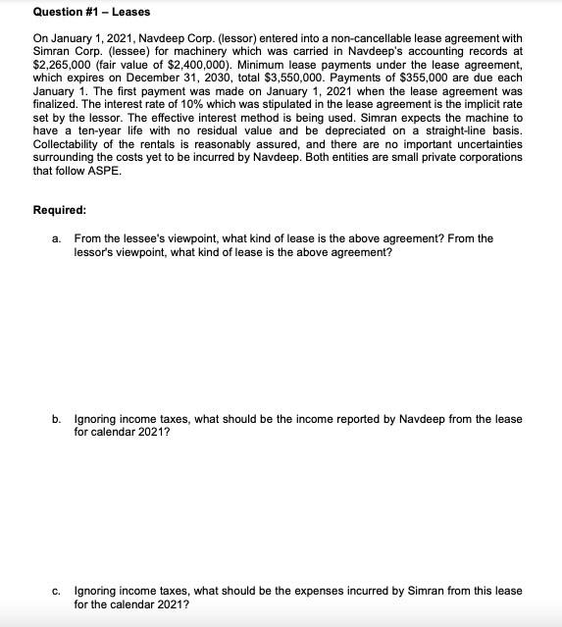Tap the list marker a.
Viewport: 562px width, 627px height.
click(x=57, y=238)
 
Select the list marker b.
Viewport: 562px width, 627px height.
click(x=57, y=419)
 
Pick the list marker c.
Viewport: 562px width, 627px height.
click(x=57, y=591)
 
